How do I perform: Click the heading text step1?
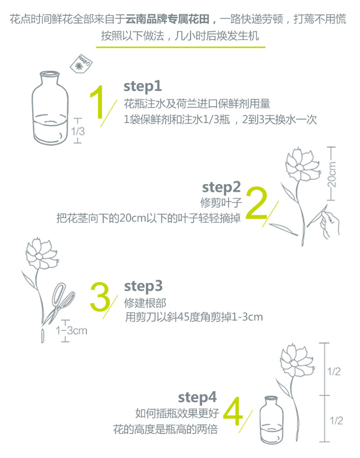pos(143,86)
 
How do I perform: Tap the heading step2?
pos(221,188)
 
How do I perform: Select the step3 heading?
pos(143,287)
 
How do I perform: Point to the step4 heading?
pos(197,397)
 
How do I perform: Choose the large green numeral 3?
pos(100,297)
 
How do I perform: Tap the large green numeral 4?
pos(233,411)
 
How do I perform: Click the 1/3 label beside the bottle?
pos(78,131)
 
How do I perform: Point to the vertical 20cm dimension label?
pos(331,174)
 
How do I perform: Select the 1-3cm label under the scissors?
pos(71,330)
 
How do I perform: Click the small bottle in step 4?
pos(271,420)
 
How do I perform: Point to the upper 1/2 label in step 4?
pos(334,372)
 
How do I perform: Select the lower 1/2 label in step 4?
pos(336,420)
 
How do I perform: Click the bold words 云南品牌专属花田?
pos(168,19)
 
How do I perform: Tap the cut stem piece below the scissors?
pos(42,336)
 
